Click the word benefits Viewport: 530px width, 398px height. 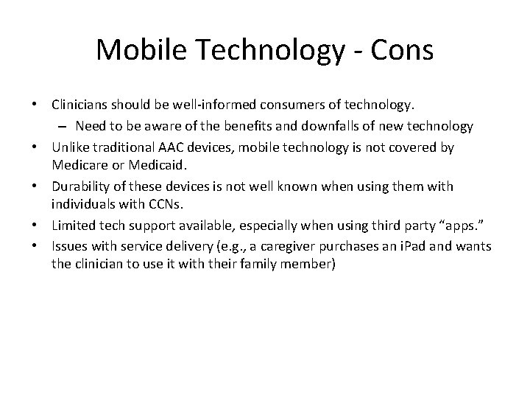248,126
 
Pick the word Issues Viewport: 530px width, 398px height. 68,245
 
